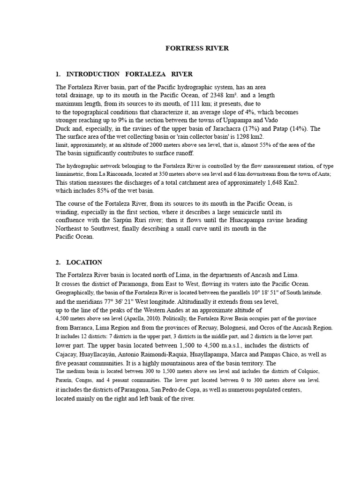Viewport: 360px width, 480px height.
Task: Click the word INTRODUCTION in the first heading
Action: click(93, 74)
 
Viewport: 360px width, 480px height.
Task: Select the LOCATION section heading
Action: click(84, 262)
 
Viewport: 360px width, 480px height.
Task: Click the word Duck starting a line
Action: click(63, 128)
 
